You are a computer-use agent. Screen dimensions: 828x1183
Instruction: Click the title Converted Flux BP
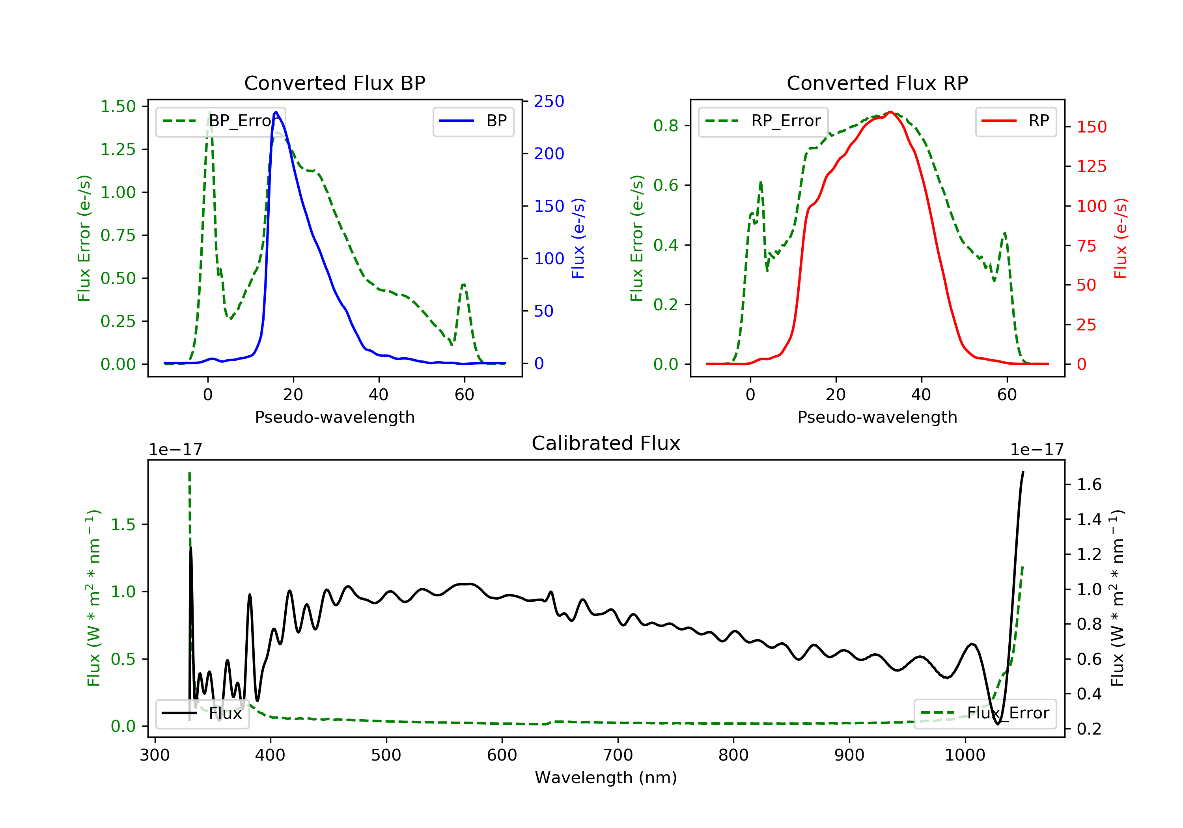coord(334,83)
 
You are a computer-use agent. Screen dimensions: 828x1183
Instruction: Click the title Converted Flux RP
coord(877,83)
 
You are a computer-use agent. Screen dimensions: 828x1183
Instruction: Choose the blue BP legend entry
coord(473,121)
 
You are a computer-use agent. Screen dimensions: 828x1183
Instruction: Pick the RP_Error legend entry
coord(763,121)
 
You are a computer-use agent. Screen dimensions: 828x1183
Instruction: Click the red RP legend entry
coord(1015,121)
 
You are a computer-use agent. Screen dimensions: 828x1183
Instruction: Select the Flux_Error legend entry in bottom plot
coord(985,713)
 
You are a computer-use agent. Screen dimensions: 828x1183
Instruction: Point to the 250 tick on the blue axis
coord(549,101)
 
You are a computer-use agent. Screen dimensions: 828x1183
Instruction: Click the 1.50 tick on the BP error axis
coord(118,107)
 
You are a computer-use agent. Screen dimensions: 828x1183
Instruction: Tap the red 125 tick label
coord(1091,166)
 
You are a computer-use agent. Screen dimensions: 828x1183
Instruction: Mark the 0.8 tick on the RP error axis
coord(666,126)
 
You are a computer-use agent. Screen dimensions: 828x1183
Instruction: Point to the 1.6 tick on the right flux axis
coord(1089,485)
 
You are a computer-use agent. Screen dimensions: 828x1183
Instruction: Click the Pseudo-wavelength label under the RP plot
coord(877,417)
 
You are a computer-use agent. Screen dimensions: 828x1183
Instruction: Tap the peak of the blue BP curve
coord(276,112)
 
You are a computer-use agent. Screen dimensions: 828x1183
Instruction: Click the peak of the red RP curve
coord(890,112)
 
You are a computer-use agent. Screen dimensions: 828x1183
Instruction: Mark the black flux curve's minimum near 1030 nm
coord(998,724)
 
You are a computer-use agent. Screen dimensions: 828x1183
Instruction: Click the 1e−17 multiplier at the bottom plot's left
coord(175,450)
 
